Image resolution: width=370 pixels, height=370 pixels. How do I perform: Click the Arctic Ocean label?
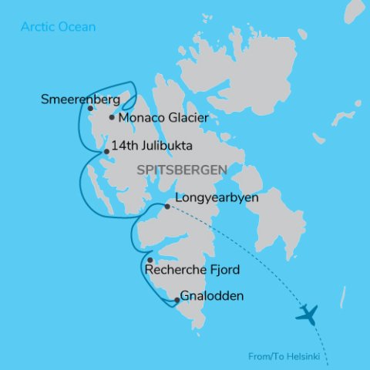(x=59, y=27)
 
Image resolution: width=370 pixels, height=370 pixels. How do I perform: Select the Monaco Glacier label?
(x=163, y=118)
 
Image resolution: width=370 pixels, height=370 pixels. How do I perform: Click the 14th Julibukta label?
(x=151, y=145)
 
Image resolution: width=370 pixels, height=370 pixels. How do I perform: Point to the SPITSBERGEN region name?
(x=182, y=169)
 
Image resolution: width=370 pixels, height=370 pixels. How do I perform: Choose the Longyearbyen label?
(x=217, y=198)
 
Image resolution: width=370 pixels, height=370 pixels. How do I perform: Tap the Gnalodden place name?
(x=213, y=296)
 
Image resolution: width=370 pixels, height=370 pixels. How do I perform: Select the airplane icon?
(x=307, y=314)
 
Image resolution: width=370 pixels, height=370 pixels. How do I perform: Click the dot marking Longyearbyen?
(x=167, y=207)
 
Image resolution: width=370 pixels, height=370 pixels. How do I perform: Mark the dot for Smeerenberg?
(x=91, y=109)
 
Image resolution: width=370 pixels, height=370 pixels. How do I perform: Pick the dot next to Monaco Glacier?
(x=112, y=118)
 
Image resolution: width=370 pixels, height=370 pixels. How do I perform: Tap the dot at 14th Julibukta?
(x=106, y=151)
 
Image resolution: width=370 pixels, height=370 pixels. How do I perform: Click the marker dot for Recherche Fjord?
(x=150, y=261)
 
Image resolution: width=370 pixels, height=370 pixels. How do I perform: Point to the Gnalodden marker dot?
(x=177, y=301)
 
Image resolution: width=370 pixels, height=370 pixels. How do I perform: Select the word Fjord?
(x=224, y=270)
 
